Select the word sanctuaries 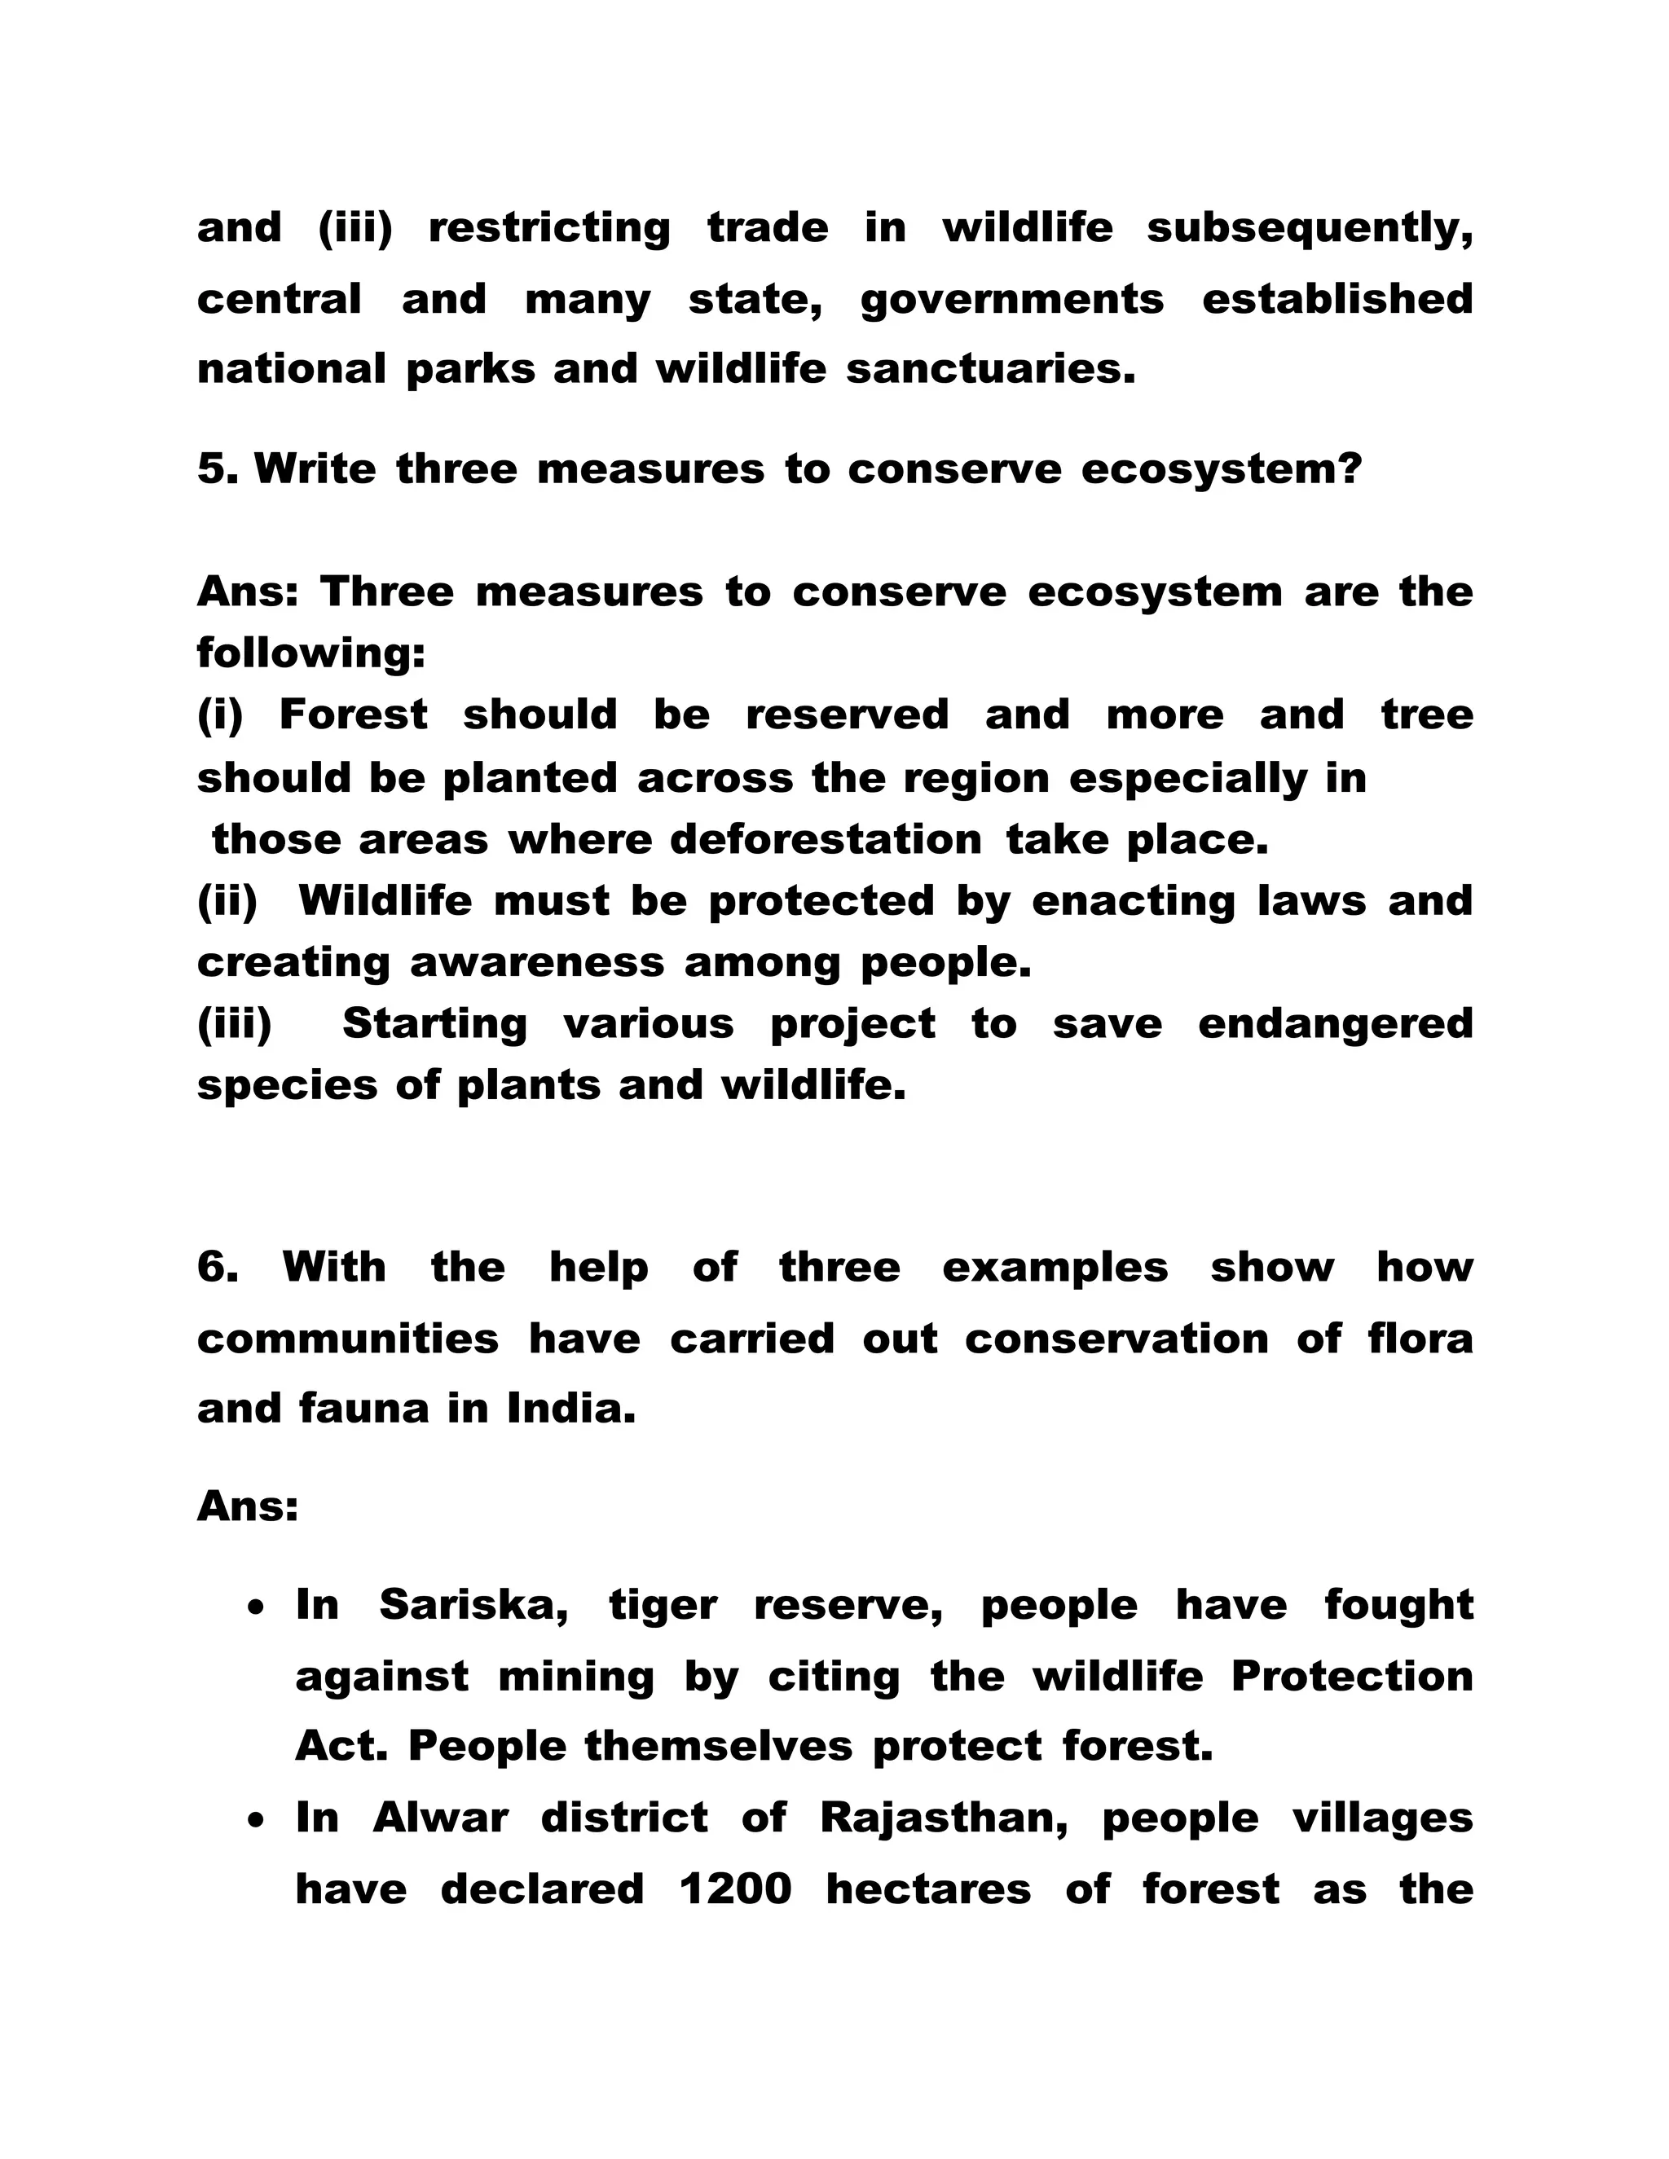click(x=991, y=370)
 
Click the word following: click(x=311, y=653)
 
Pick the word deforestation click(x=826, y=840)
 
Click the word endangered click(x=1335, y=1024)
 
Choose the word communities click(x=348, y=1339)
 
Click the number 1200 click(x=736, y=1890)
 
